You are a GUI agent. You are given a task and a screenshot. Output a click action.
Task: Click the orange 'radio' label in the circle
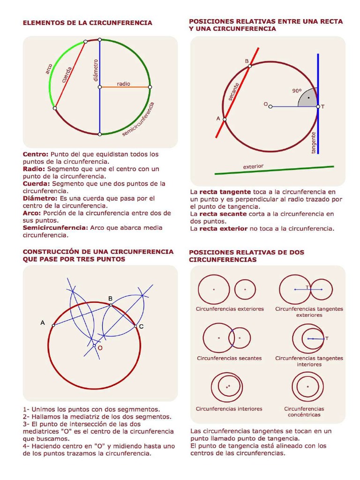(x=123, y=83)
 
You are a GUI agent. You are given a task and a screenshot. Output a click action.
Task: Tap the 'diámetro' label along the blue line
(x=96, y=70)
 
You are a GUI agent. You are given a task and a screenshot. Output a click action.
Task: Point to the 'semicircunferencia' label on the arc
(x=139, y=120)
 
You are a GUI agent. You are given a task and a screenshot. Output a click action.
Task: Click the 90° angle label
(x=297, y=91)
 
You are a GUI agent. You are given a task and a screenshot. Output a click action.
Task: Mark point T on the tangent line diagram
(x=322, y=107)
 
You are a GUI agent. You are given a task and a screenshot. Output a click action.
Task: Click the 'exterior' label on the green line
(x=253, y=166)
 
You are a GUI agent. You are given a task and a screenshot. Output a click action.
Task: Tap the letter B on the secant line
(x=247, y=61)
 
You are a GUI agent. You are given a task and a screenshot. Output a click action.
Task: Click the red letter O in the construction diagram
(x=100, y=348)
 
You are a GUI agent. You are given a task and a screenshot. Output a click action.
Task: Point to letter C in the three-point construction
(x=141, y=326)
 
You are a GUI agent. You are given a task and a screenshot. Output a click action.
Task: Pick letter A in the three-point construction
(x=43, y=322)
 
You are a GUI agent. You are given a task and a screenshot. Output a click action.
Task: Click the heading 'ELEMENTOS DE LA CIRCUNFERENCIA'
(x=88, y=22)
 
